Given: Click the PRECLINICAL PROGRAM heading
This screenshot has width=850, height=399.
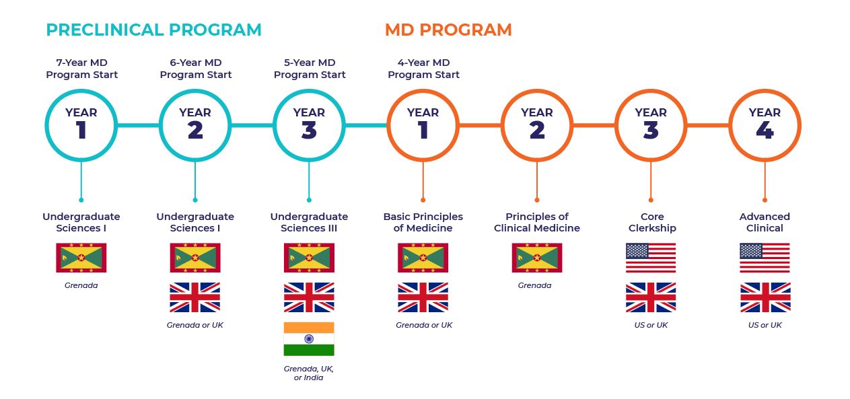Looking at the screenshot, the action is tap(153, 30).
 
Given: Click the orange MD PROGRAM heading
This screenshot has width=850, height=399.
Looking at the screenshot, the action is tap(448, 30).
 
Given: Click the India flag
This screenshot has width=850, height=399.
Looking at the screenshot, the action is tap(309, 338).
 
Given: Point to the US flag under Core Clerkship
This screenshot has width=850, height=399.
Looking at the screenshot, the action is tap(651, 258).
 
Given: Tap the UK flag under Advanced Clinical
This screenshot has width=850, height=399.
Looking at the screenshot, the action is tap(765, 297).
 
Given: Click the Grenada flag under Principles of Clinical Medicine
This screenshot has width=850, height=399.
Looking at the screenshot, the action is tap(537, 258).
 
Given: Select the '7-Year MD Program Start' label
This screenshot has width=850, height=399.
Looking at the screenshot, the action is tap(81, 69).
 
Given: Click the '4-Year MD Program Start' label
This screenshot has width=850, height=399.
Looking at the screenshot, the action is tap(423, 69).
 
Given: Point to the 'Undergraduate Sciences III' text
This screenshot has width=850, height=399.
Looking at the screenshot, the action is tap(309, 222).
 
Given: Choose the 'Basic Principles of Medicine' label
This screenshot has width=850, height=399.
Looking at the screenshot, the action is tap(423, 222).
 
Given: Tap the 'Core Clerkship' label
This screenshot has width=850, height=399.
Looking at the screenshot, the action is tap(652, 222).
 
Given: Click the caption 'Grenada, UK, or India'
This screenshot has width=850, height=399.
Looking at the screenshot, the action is tap(308, 373).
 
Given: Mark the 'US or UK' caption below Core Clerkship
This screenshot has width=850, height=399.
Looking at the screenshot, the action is tap(651, 325).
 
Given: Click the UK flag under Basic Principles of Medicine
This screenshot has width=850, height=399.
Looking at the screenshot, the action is tap(423, 297).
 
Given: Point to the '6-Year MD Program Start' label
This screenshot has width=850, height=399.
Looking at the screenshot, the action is tap(195, 69).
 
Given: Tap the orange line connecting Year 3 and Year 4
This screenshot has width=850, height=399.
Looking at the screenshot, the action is tap(708, 125).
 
